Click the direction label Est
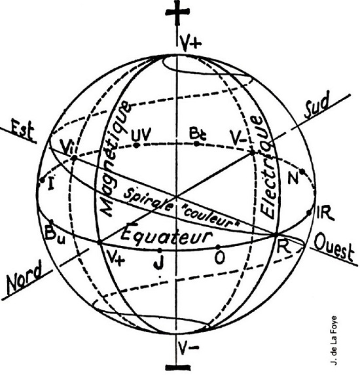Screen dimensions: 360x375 pyautogui.click(x=22, y=130)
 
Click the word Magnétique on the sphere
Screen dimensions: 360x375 pyautogui.click(x=115, y=158)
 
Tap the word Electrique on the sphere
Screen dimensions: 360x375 pyautogui.click(x=266, y=166)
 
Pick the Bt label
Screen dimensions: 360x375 pyautogui.click(x=198, y=134)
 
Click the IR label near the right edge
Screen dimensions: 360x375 pyautogui.click(x=325, y=213)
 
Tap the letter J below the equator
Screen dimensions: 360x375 pyautogui.click(x=160, y=262)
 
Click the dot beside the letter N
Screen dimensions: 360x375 pyautogui.click(x=302, y=171)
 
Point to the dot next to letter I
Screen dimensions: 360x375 pyautogui.click(x=42, y=180)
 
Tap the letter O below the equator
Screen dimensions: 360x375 pyautogui.click(x=219, y=257)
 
